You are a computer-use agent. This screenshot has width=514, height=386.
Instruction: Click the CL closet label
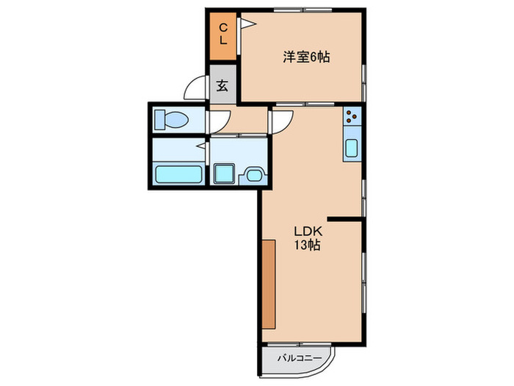(x=223, y=34)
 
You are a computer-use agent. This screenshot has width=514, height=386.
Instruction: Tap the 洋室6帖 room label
(x=306, y=57)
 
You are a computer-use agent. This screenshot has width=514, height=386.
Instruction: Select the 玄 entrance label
(x=222, y=86)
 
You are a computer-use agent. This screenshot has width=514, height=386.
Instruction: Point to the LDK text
(x=308, y=232)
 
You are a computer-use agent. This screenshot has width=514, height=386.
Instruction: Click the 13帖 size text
(x=307, y=245)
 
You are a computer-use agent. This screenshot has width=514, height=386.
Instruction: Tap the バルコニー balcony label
(x=300, y=358)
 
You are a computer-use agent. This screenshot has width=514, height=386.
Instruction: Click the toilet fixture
(x=171, y=119)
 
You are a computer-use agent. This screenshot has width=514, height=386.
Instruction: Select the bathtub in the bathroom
(x=178, y=174)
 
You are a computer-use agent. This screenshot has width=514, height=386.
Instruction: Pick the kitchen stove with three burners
(x=352, y=116)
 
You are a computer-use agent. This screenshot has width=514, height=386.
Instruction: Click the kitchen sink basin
(x=352, y=148)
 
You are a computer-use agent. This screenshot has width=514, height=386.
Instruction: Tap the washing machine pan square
(x=224, y=174)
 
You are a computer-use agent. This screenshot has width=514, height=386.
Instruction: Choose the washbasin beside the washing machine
(x=253, y=176)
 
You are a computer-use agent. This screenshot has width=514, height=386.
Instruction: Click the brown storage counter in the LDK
(x=269, y=284)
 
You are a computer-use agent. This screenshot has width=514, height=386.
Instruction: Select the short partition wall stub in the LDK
(x=344, y=219)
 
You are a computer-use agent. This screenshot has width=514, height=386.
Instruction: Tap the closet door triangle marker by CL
(x=247, y=24)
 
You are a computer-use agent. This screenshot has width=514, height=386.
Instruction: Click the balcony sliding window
(x=299, y=344)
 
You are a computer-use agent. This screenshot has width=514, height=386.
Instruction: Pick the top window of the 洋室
(x=303, y=10)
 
